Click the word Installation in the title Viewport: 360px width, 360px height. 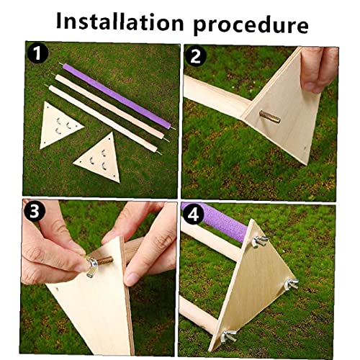click(120, 22)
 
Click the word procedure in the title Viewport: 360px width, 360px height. click(251, 26)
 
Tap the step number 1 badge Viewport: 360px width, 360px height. click(37, 53)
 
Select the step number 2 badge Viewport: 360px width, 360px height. click(196, 57)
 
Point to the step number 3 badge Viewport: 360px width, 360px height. click(34, 211)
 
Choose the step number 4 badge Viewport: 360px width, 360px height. click(193, 215)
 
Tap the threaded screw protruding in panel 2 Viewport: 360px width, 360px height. click(269, 117)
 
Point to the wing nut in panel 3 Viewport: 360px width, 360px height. click(92, 266)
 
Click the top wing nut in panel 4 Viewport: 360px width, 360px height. click(260, 241)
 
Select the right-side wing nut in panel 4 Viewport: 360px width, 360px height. click(292, 284)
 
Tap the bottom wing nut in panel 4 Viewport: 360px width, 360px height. click(229, 336)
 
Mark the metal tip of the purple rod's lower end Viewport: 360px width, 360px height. click(173, 128)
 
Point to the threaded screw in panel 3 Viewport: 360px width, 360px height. click(105, 261)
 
